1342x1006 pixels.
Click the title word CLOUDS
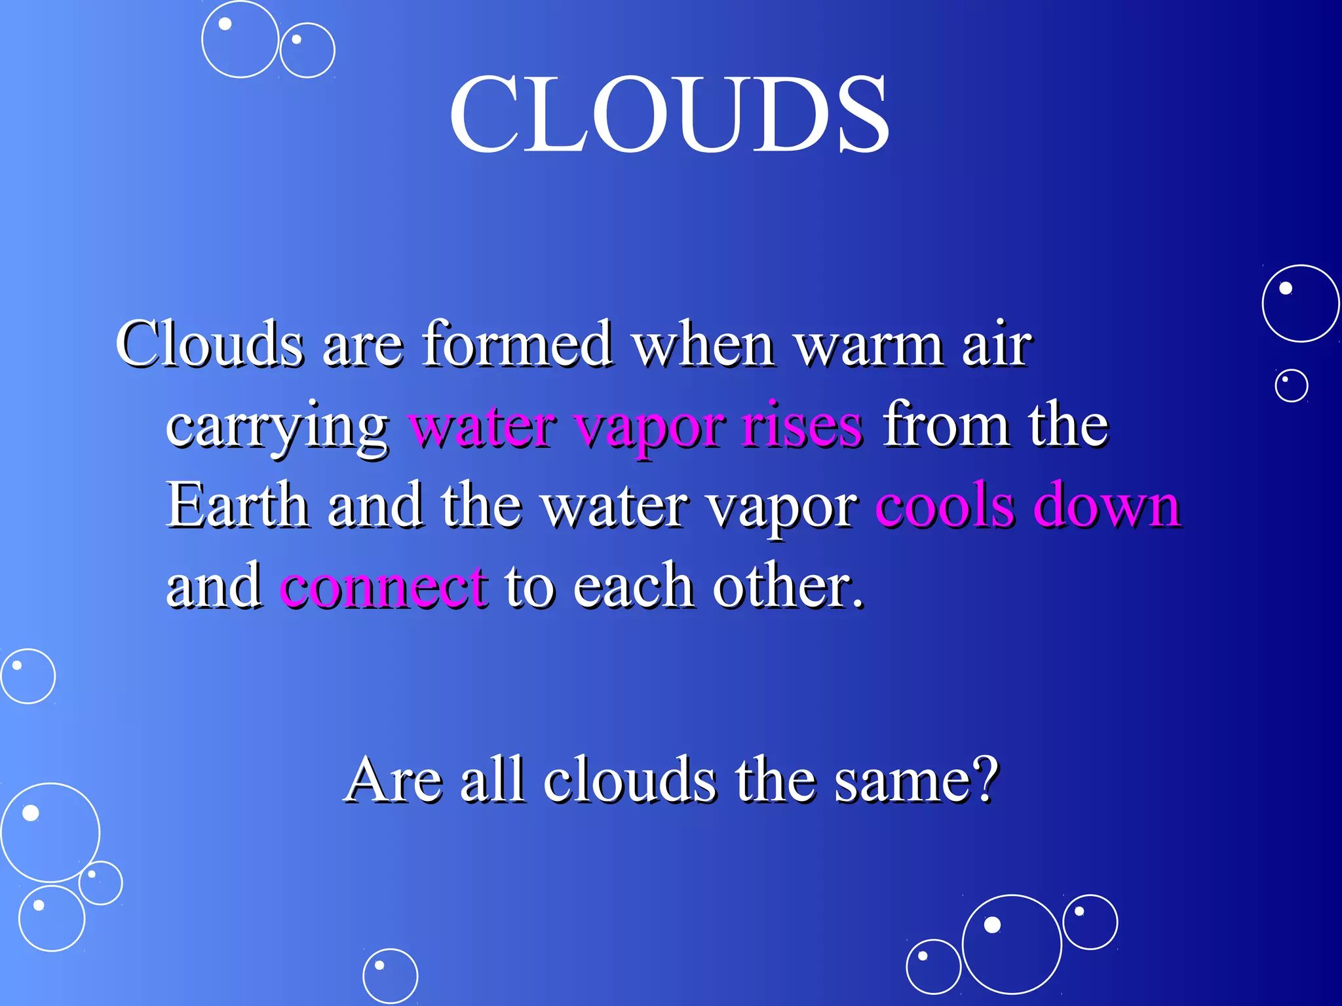[669, 115]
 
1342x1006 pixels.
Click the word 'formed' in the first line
[517, 345]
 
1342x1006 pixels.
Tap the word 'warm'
[868, 345]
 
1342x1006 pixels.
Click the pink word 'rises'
[802, 426]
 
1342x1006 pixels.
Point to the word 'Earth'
[237, 506]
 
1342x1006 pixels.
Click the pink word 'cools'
[944, 506]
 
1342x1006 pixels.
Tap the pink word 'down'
[1107, 506]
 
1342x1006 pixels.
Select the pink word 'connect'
[384, 586]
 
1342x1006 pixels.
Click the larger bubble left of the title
[240, 39]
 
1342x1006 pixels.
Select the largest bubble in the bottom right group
[1011, 944]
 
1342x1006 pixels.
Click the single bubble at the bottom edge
[390, 976]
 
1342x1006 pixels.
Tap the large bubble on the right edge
[1300, 303]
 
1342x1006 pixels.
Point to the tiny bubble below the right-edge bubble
[1291, 385]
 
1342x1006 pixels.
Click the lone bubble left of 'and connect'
[28, 676]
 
